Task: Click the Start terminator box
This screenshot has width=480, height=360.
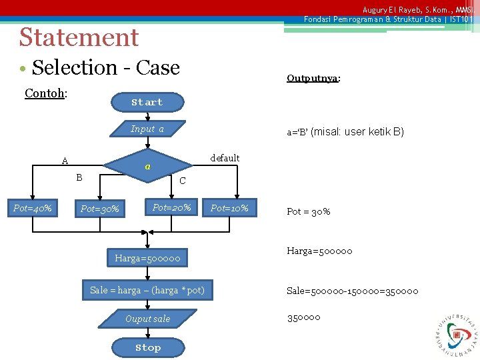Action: (x=147, y=102)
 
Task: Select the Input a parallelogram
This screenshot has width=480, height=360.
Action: (x=147, y=129)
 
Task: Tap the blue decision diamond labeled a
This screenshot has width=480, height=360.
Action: (x=148, y=166)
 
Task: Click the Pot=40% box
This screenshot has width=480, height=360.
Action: (x=33, y=209)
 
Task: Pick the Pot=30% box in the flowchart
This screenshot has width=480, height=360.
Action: (x=100, y=209)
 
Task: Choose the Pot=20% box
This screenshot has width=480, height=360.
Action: (x=171, y=208)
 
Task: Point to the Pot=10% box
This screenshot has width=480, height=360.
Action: (x=229, y=209)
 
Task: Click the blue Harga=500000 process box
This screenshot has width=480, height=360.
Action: (x=147, y=257)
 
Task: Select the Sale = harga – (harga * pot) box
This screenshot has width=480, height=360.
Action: (x=147, y=290)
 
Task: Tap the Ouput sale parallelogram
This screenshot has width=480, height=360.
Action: (x=147, y=319)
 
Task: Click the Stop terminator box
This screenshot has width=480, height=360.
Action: (x=148, y=347)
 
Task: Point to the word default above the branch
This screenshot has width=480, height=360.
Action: (x=225, y=158)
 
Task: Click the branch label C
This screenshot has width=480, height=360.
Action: (x=183, y=181)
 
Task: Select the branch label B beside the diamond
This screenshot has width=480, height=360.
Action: (x=79, y=177)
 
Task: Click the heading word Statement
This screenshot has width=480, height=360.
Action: (x=79, y=37)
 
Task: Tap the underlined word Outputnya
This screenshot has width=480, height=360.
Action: (x=313, y=78)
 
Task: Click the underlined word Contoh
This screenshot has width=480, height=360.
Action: (x=44, y=93)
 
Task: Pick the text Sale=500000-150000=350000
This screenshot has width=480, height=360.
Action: (x=353, y=291)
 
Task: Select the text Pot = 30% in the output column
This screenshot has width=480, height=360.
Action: (x=308, y=211)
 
